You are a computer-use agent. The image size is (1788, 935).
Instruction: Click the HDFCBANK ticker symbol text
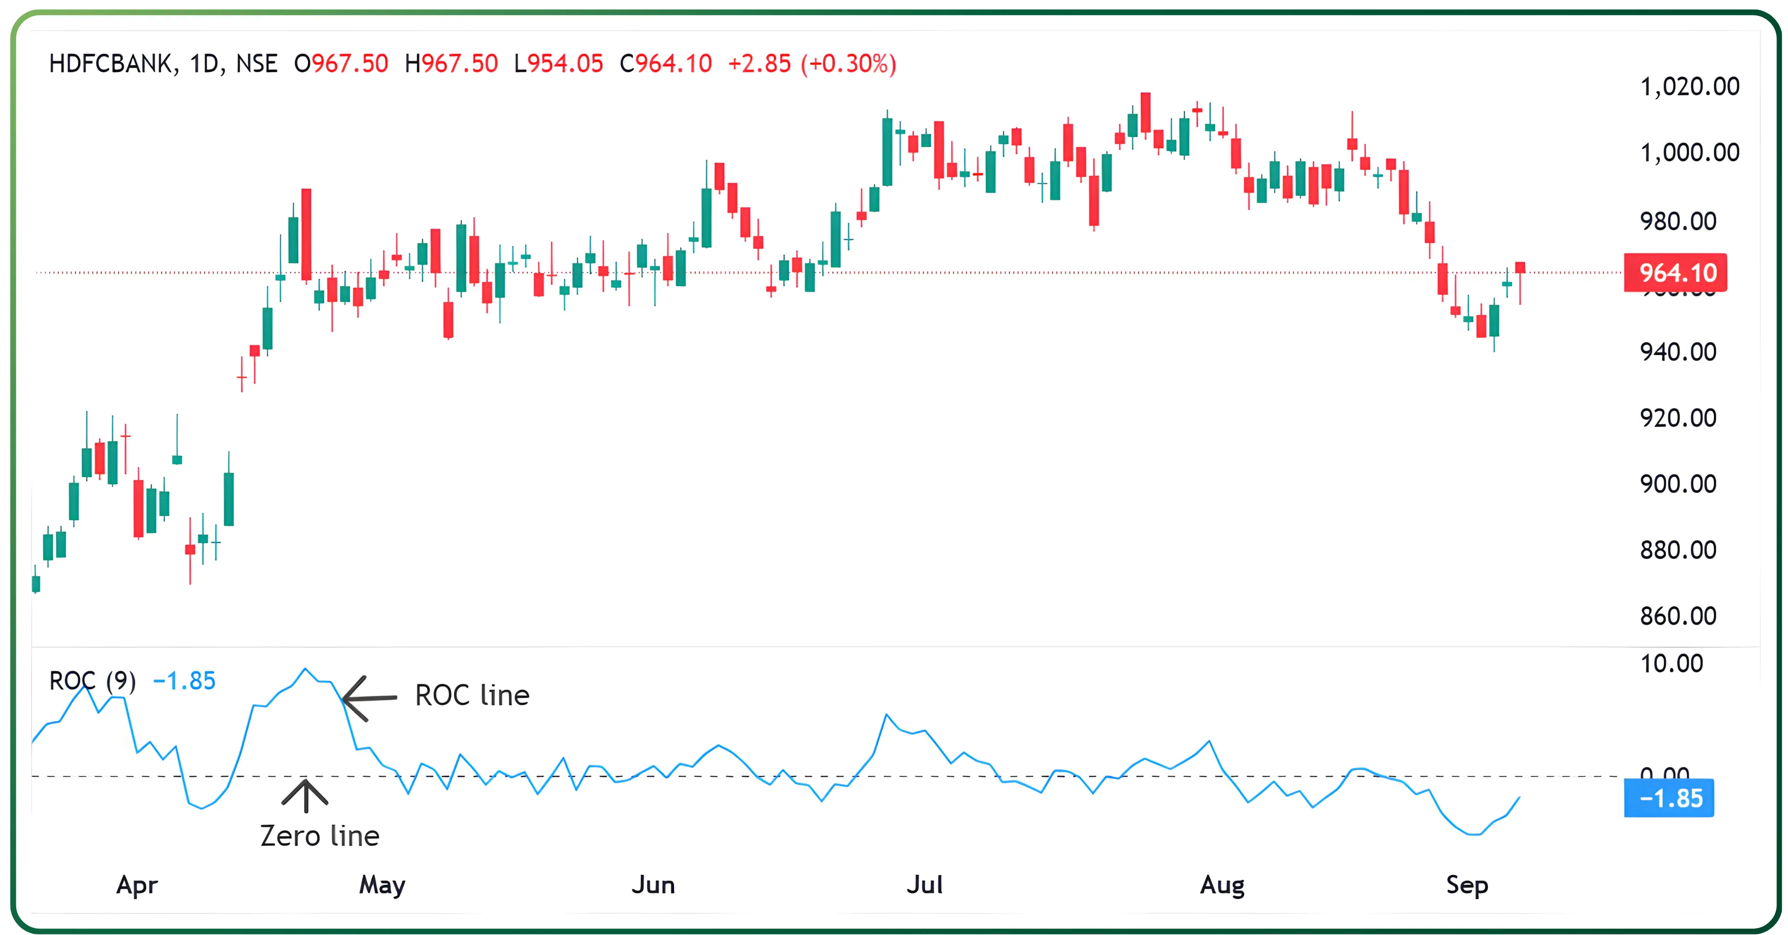109,64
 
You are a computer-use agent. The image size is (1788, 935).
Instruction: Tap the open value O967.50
341,64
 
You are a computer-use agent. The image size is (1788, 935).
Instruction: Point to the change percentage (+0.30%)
848,64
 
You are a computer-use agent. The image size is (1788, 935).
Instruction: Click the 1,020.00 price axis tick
1689,87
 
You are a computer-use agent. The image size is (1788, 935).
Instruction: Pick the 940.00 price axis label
1678,352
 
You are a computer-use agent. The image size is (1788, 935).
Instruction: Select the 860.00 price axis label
1678,616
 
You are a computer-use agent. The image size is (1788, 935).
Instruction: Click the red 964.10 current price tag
1676,273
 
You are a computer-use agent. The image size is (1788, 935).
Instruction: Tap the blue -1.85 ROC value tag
1669,798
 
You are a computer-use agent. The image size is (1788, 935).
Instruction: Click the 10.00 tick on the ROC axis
1671,664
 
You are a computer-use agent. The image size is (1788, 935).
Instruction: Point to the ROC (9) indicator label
92,681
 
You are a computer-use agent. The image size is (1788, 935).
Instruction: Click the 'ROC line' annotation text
472,695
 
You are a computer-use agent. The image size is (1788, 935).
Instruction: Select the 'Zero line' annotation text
319,836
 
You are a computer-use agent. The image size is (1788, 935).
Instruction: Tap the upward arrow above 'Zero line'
305,795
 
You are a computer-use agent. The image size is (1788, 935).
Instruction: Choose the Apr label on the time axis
137,885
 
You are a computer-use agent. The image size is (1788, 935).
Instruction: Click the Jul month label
925,885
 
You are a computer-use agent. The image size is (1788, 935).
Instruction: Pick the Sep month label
1467,885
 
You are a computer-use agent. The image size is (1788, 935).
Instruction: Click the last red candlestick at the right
1520,268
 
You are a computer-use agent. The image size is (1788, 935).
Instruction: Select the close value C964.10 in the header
665,64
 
